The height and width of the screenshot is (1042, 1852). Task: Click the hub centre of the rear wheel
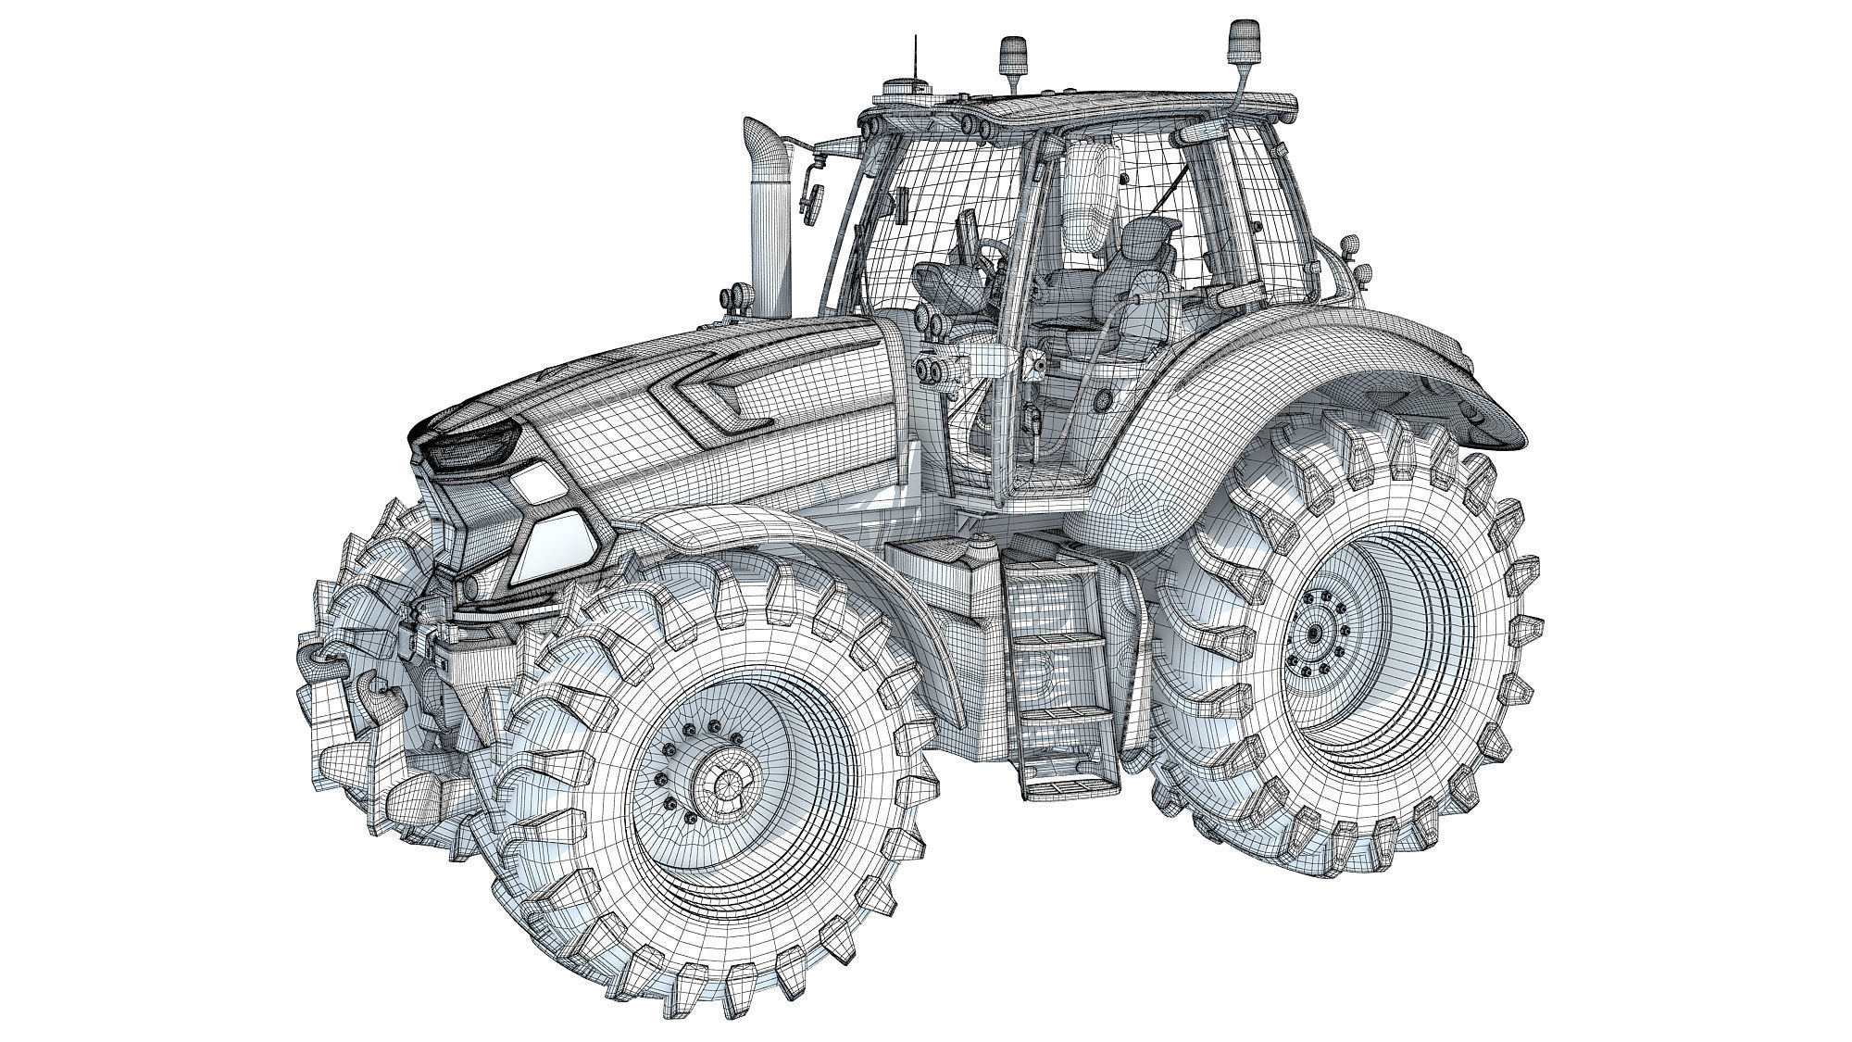pos(1313,636)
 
